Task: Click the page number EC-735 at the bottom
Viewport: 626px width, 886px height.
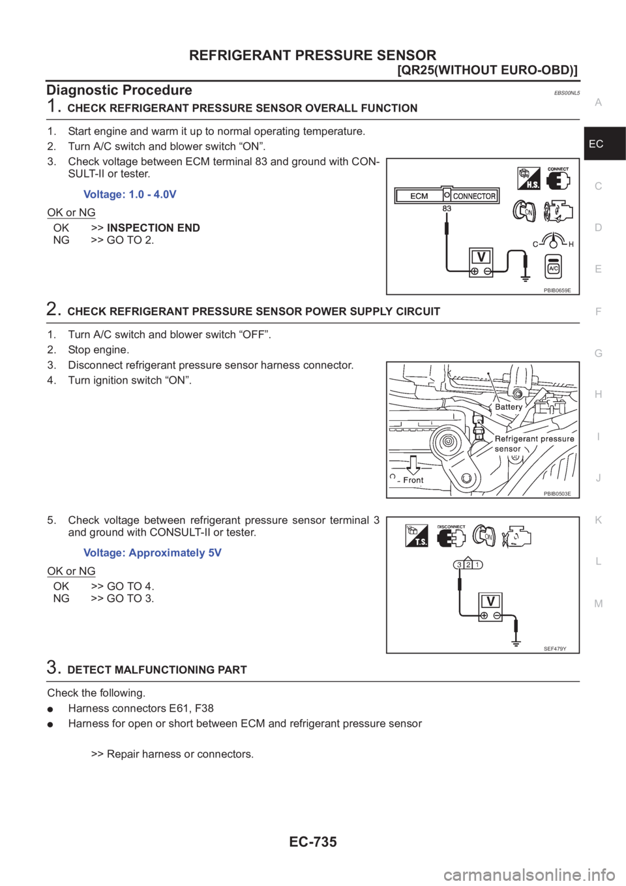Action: [313, 842]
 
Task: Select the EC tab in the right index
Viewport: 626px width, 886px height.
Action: [596, 144]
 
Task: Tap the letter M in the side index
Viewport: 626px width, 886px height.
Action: [599, 603]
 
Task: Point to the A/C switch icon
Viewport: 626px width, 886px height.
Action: [553, 267]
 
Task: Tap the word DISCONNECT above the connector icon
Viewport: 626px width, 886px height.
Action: [451, 527]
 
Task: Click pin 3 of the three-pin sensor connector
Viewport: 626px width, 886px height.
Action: [460, 564]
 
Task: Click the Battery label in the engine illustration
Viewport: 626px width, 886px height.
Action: [509, 406]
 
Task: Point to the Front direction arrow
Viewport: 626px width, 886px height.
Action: [412, 465]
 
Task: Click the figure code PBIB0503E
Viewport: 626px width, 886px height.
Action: [557, 494]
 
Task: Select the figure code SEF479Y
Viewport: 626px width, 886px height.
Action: [556, 648]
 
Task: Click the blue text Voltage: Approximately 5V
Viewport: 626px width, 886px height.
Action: [153, 553]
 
